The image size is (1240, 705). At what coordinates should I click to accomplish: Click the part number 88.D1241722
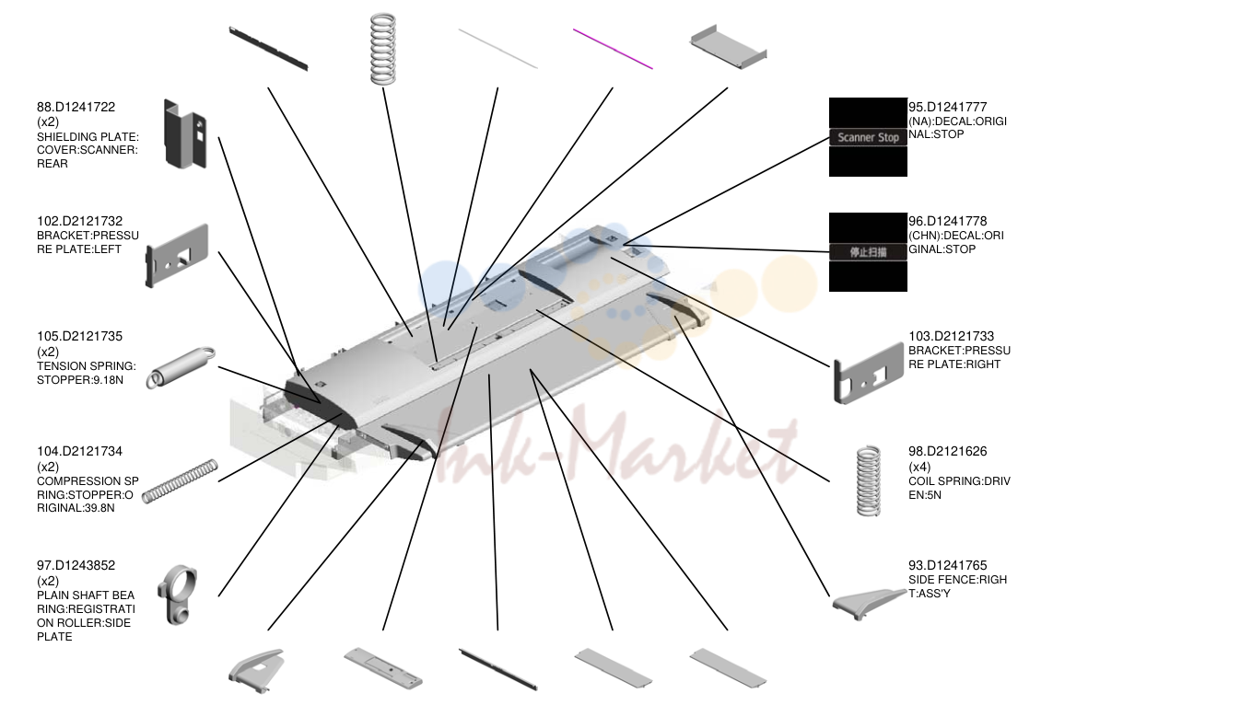point(76,107)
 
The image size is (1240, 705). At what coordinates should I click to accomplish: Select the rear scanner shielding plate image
point(185,134)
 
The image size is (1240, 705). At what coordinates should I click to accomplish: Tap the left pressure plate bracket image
point(177,256)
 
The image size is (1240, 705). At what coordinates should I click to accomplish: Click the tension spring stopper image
point(181,367)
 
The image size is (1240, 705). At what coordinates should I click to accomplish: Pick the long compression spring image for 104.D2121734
point(180,481)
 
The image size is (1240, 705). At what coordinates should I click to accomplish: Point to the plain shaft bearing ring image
point(177,595)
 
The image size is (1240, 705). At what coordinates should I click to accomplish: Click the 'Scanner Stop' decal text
point(868,137)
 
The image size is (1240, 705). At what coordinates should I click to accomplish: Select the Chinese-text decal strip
point(868,252)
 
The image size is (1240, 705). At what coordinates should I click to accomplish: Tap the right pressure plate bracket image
point(868,374)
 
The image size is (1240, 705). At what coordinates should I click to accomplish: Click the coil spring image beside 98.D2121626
point(868,480)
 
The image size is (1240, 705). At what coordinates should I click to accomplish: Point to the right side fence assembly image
point(868,604)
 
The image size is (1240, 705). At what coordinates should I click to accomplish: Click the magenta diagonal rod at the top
point(613,49)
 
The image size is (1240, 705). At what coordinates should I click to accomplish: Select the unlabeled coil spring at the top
point(383,49)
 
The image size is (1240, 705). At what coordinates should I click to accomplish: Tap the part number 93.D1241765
point(948,565)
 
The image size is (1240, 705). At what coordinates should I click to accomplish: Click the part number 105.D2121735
point(80,336)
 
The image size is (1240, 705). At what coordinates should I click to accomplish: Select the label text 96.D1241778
point(948,221)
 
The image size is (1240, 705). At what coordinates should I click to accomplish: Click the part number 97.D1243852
point(76,565)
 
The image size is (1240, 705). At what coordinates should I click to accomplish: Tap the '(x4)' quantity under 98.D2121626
point(919,467)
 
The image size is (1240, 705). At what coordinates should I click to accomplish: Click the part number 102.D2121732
point(80,221)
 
